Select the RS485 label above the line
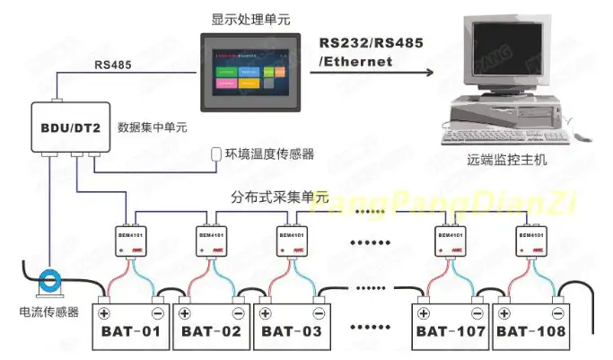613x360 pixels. (x=112, y=65)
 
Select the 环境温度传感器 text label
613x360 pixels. (x=269, y=154)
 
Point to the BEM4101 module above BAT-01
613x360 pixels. (x=131, y=238)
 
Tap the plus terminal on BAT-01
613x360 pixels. (x=104, y=313)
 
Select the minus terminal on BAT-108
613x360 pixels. (x=557, y=313)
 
